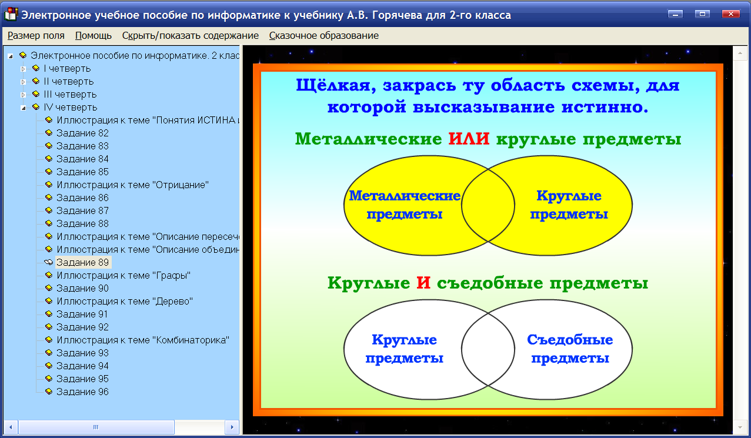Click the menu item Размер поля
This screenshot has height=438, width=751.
[x=36, y=35]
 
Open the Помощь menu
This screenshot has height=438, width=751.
[x=94, y=35]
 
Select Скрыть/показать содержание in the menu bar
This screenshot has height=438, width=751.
[x=190, y=35]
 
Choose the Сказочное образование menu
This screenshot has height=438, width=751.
[x=323, y=35]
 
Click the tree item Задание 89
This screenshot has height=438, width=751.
[x=82, y=263]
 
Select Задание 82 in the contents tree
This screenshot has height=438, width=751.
[x=82, y=133]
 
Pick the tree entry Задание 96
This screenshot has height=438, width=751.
[x=82, y=392]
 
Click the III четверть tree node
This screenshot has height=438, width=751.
[x=70, y=95]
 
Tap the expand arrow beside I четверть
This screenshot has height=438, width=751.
[x=24, y=69]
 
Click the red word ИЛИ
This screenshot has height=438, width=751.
[x=469, y=139]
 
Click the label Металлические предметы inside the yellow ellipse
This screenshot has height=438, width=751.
[x=404, y=205]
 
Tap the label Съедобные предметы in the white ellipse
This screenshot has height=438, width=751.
[x=570, y=349]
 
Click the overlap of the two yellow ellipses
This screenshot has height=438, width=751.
[x=488, y=205]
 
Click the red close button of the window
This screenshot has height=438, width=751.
[x=730, y=14]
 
